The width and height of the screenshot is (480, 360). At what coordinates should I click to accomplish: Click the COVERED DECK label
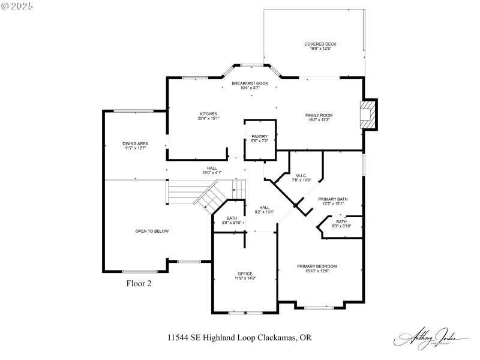click(x=320, y=44)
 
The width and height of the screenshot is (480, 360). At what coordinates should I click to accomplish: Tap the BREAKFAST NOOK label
click(x=250, y=83)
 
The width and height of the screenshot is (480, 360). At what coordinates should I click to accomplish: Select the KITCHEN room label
click(x=208, y=114)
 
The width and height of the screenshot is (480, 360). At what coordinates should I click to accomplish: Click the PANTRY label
click(x=259, y=136)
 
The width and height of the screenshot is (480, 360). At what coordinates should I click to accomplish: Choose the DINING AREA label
click(x=135, y=143)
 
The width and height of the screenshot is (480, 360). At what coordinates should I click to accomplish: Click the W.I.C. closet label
click(x=301, y=175)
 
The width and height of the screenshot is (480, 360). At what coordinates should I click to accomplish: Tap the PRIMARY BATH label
click(x=332, y=199)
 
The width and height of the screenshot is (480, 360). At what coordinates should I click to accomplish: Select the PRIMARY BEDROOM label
click(x=317, y=266)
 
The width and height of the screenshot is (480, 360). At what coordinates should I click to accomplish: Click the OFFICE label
click(x=245, y=274)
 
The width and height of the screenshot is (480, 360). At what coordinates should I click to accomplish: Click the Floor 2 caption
click(x=139, y=284)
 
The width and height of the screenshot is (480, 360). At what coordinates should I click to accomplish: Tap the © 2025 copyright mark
click(x=17, y=5)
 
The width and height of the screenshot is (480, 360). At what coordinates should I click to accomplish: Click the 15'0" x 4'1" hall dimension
click(x=212, y=172)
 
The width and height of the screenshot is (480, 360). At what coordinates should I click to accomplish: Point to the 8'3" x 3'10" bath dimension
click(x=341, y=226)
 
